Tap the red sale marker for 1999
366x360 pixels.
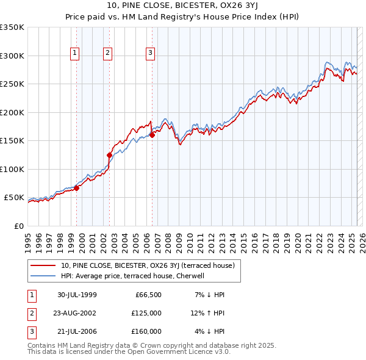(77, 188)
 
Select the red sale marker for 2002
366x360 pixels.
(110, 155)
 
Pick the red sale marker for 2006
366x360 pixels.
(152, 135)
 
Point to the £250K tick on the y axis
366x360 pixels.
(12, 84)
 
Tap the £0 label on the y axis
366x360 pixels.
(18, 226)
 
